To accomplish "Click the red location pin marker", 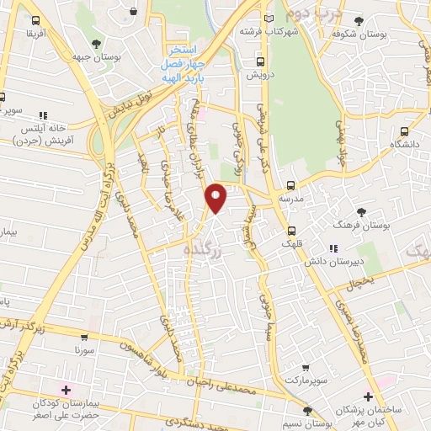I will click(x=216, y=198).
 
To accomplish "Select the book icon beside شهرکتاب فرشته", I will click(x=269, y=17).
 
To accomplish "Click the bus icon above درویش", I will click(x=259, y=61).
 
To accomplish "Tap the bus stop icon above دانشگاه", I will click(x=405, y=131).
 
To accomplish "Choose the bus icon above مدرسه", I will click(x=291, y=185).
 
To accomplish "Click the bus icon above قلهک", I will click(x=291, y=231).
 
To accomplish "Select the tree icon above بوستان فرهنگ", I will click(x=362, y=211).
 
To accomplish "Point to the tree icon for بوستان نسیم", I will click(x=307, y=410).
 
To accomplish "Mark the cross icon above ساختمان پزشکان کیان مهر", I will click(x=367, y=396).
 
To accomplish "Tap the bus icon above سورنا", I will click(x=80, y=334).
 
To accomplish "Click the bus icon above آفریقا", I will click(x=35, y=19).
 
